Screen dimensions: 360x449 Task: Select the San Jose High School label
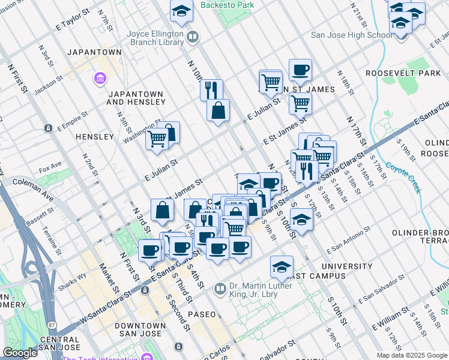[355, 35]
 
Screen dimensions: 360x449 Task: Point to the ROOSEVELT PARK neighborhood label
[403, 73]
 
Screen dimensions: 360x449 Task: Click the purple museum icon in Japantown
[99, 79]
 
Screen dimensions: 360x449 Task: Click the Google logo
[20, 353]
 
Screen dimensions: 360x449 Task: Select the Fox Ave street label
[50, 165]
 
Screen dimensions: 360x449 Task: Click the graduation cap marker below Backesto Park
[181, 12]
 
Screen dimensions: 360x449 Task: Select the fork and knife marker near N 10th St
[211, 90]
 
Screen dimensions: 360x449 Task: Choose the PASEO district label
[201, 314]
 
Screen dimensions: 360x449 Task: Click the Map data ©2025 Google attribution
[412, 355]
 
